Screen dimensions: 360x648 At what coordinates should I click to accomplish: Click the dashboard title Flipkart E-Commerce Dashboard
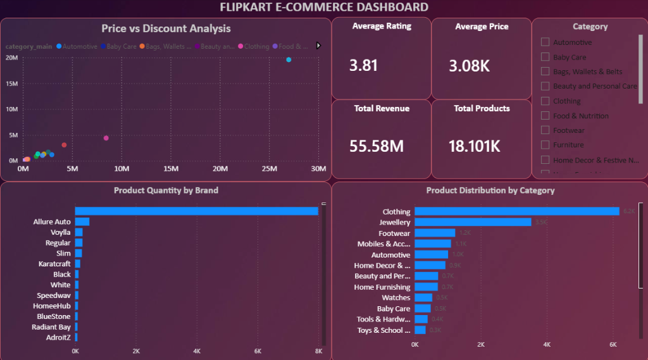(323, 8)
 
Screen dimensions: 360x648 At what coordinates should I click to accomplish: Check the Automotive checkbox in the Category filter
(545, 42)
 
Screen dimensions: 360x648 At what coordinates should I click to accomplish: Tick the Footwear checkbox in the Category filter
(545, 130)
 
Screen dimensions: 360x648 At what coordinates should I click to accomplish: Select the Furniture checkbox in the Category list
(545, 145)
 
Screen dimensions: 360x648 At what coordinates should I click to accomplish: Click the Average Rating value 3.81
(363, 65)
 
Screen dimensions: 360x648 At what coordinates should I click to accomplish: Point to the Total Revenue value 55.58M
(377, 146)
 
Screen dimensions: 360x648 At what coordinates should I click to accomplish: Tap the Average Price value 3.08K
(469, 66)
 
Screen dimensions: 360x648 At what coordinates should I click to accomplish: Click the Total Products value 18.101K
(474, 146)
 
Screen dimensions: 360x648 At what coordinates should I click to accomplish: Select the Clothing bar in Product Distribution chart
(516, 211)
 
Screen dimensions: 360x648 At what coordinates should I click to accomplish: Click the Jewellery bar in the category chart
(472, 222)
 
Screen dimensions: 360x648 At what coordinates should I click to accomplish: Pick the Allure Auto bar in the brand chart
(82, 222)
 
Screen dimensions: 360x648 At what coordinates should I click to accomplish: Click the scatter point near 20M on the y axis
(289, 59)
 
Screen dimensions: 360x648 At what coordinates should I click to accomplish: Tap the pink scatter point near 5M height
(106, 138)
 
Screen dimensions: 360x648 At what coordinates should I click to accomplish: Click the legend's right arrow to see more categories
(318, 46)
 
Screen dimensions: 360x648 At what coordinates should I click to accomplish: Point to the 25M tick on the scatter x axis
(270, 169)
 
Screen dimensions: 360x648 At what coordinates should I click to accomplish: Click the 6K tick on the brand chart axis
(258, 351)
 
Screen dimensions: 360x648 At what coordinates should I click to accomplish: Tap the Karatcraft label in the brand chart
(54, 264)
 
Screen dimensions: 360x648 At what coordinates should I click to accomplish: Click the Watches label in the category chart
(396, 298)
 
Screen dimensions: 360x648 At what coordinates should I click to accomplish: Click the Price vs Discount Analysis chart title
(166, 28)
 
